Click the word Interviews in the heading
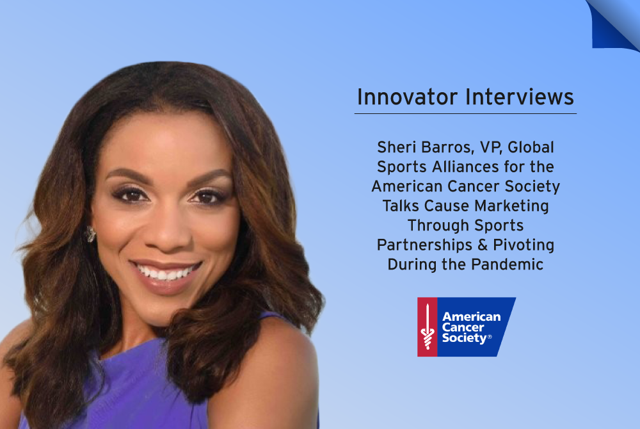(520, 97)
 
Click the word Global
(531, 147)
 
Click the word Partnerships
(424, 245)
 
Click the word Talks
(401, 206)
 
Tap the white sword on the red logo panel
(428, 327)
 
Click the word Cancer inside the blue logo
(463, 327)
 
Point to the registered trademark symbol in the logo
(490, 337)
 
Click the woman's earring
(90, 234)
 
